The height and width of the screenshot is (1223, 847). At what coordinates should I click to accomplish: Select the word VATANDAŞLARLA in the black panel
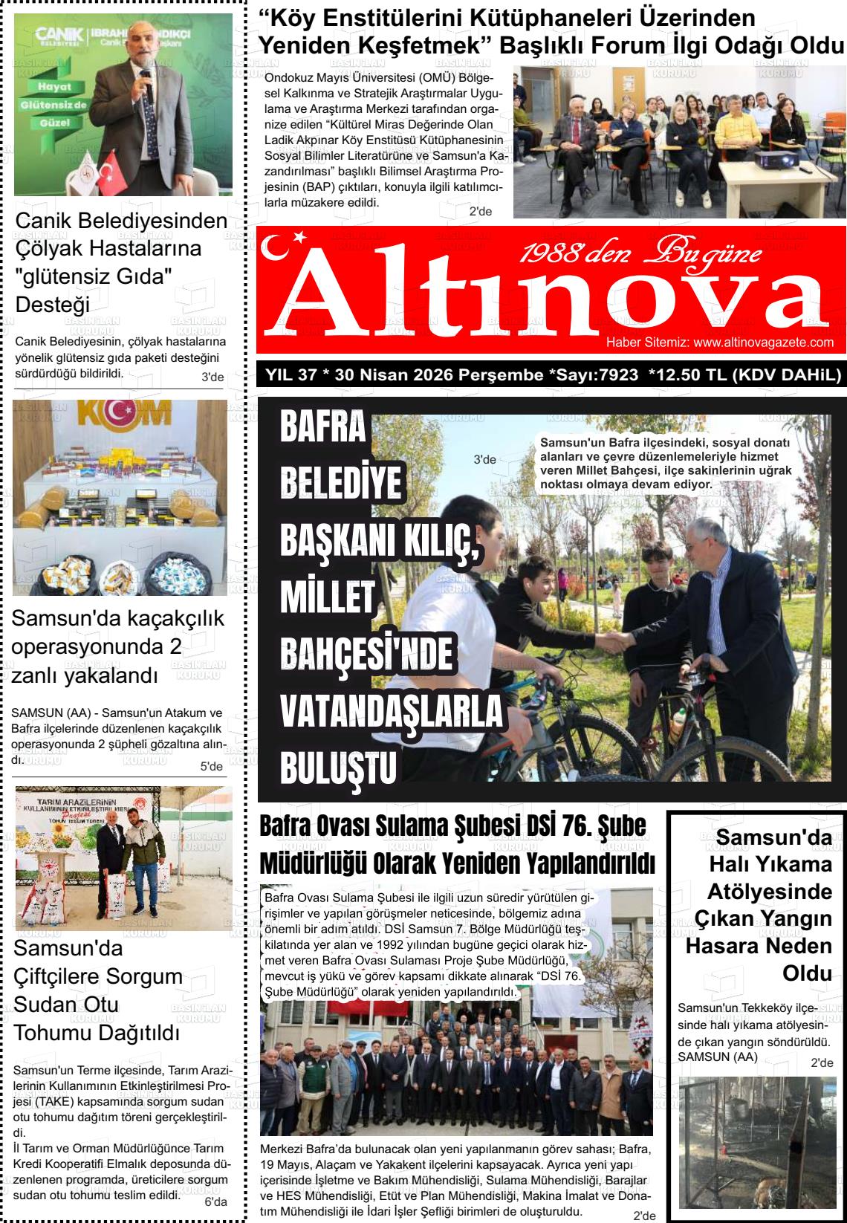click(x=392, y=712)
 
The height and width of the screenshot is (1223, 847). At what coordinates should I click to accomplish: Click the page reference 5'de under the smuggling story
click(x=212, y=766)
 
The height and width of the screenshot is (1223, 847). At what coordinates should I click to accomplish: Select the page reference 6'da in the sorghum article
click(x=215, y=1202)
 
